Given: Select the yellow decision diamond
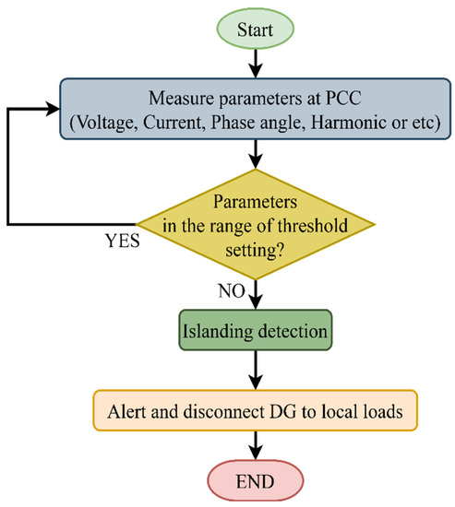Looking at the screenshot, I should [256, 223].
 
